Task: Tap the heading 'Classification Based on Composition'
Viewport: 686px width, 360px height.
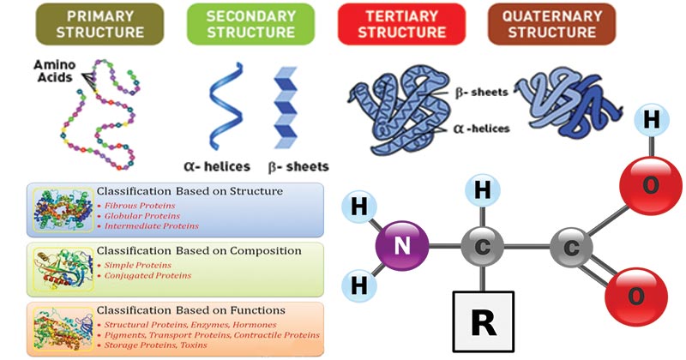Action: (198, 251)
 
